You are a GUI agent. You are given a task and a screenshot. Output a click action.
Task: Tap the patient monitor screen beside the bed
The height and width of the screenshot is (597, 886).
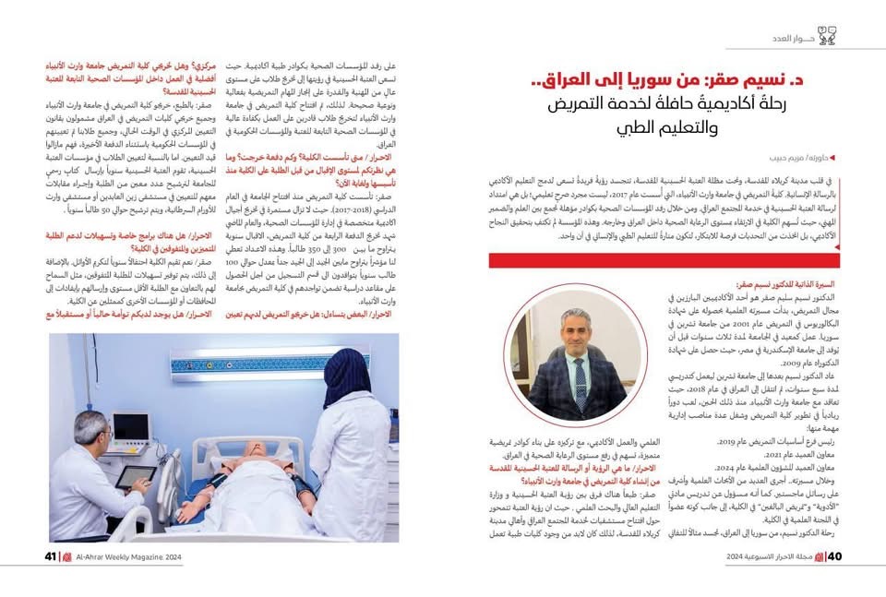pyautogui.click(x=130, y=428)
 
